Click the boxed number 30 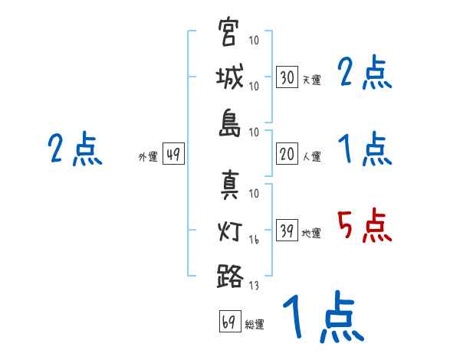click(287, 77)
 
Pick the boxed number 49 click(173, 155)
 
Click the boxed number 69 click(228, 322)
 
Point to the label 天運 click(311, 80)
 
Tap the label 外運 click(148, 158)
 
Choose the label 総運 click(255, 325)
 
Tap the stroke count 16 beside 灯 click(254, 240)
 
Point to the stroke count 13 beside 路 click(254, 286)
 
